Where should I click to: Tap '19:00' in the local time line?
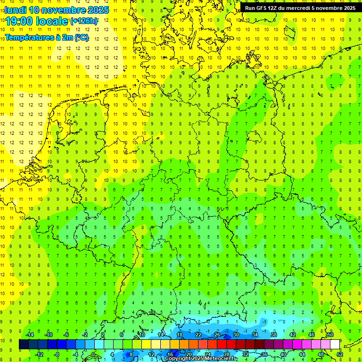pyautogui.click(x=20, y=21)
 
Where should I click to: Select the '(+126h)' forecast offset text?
pyautogui.click(x=83, y=21)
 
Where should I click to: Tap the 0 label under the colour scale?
pyautogui.click(x=93, y=354)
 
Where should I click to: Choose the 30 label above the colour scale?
pyautogui.click(x=236, y=335)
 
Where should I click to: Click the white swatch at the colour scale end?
pyautogui.click(x=335, y=345)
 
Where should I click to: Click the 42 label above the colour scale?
pyautogui.click(x=292, y=335)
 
